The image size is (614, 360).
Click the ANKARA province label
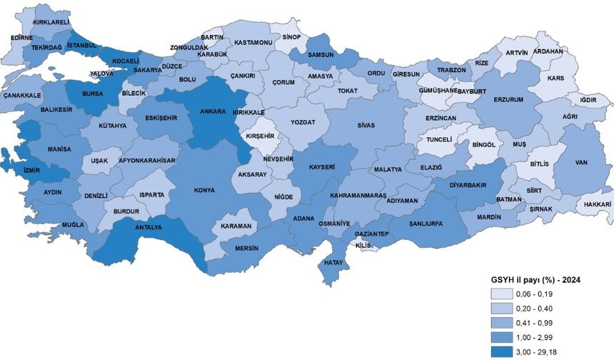pos(213,111)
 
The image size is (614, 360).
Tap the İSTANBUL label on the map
pos(81,45)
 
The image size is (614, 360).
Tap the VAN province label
pos(580,163)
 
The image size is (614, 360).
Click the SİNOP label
pos(291,37)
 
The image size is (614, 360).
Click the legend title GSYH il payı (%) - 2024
pos(533,279)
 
